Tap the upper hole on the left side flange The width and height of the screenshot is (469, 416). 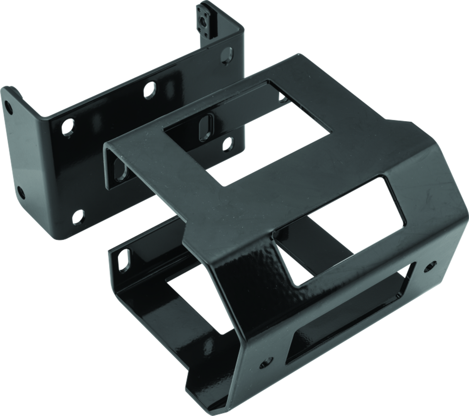[7, 104]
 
